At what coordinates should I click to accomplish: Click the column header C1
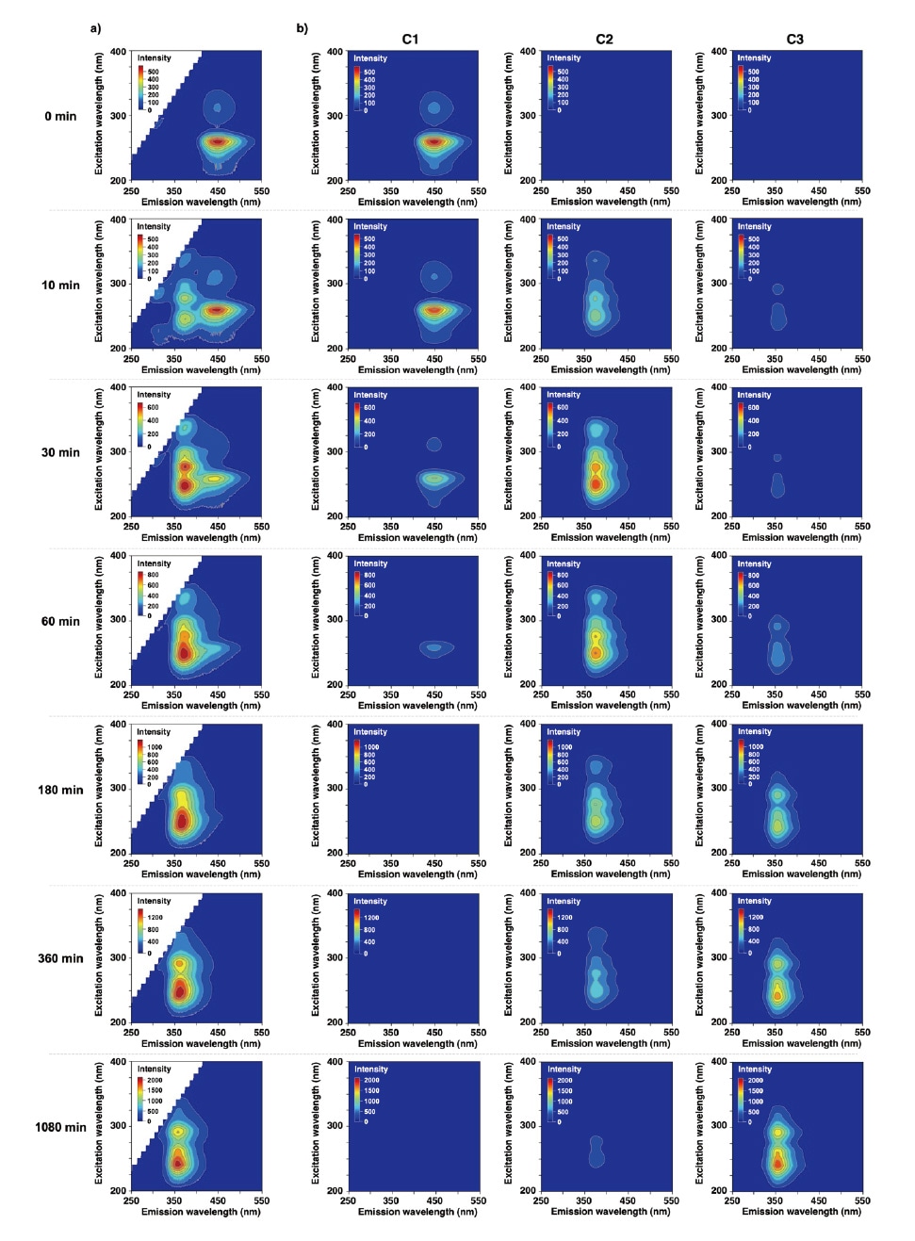click(410, 39)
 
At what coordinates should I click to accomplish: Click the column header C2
click(604, 39)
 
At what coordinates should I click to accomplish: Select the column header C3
click(795, 39)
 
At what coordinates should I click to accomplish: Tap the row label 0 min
click(60, 116)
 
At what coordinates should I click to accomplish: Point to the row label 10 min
click(60, 285)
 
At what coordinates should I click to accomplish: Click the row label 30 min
click(60, 452)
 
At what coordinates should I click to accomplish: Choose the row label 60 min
click(60, 621)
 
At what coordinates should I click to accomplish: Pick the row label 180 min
click(60, 790)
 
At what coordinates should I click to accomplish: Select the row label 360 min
click(60, 958)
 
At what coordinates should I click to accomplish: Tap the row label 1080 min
click(60, 1127)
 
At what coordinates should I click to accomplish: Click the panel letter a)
click(95, 27)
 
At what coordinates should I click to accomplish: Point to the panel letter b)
click(302, 27)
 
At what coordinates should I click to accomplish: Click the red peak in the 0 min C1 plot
click(433, 142)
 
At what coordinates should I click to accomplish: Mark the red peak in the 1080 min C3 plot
click(777, 1163)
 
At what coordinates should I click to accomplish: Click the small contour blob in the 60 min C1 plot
click(434, 647)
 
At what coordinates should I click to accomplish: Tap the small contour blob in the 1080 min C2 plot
click(596, 1151)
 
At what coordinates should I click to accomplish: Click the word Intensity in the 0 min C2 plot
click(564, 58)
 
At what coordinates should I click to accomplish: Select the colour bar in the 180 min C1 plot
click(357, 764)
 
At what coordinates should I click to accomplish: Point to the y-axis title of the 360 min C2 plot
click(509, 957)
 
